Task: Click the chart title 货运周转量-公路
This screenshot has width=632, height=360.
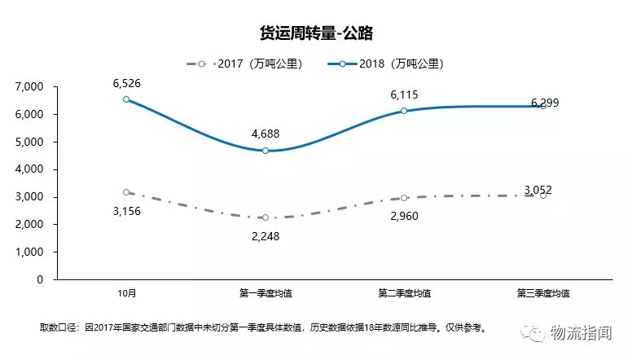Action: pyautogui.click(x=315, y=33)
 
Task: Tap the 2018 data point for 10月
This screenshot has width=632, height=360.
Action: pyautogui.click(x=126, y=99)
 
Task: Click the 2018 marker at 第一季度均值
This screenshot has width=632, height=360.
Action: pyautogui.click(x=266, y=151)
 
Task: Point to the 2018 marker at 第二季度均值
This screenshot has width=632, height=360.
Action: pyautogui.click(x=404, y=111)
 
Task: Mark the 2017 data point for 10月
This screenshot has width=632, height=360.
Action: pyautogui.click(x=126, y=192)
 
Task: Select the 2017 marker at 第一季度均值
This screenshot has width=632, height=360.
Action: pyautogui.click(x=266, y=217)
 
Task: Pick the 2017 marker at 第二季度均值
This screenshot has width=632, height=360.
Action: pyautogui.click(x=404, y=198)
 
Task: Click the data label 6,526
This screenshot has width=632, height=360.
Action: pyautogui.click(x=126, y=83)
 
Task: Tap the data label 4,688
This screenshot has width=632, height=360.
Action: pyautogui.click(x=266, y=134)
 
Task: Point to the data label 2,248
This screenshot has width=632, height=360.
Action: pyautogui.click(x=266, y=235)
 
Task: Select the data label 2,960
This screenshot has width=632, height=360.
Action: pyautogui.click(x=404, y=215)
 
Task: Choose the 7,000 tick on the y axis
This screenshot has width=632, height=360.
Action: pyautogui.click(x=30, y=86)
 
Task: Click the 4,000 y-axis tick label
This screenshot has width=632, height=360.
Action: pyautogui.click(x=30, y=169)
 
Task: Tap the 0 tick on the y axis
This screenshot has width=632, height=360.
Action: pyautogui.click(x=40, y=279)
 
